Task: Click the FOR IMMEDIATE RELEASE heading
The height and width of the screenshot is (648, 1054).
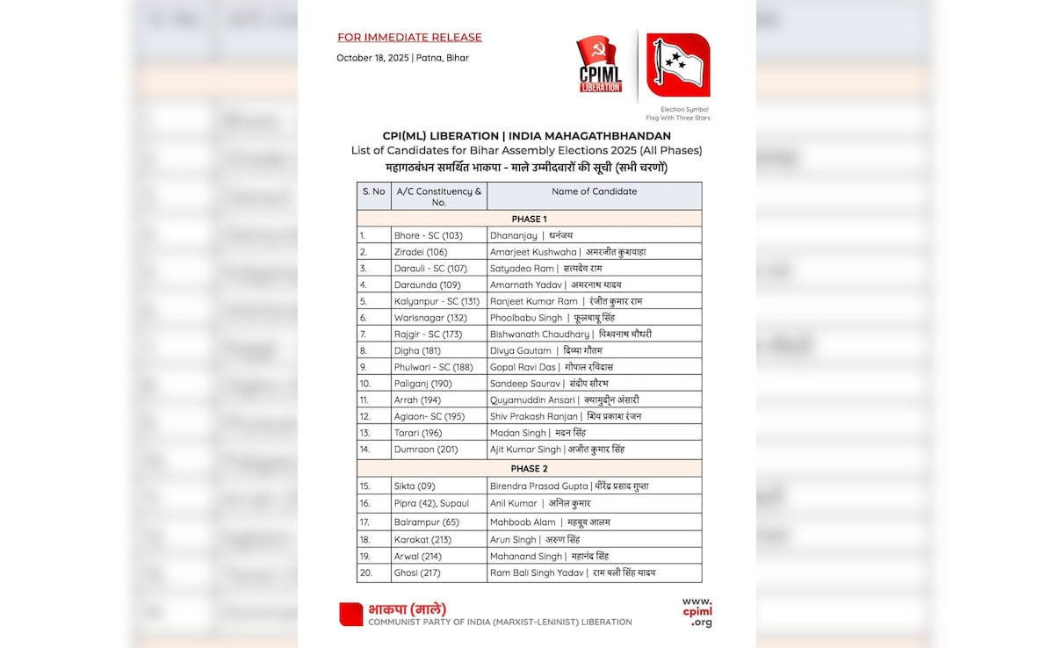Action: coord(409,38)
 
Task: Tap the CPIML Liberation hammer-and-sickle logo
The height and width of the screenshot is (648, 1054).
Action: coord(600,64)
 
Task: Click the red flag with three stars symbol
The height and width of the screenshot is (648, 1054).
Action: coord(678,65)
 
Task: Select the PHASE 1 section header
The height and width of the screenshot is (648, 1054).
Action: coord(529,219)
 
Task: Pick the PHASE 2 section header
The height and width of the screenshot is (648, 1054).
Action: coord(529,469)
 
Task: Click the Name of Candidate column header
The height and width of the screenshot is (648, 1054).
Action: coord(594,191)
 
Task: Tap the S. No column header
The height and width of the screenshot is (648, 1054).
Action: coord(373,191)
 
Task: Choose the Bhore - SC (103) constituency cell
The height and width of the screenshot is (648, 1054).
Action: coord(429,235)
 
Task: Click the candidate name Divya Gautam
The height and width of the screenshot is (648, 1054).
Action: coord(521,350)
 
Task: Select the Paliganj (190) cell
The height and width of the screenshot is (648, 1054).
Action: coord(423,384)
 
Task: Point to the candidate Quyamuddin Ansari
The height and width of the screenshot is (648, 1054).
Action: coord(532,400)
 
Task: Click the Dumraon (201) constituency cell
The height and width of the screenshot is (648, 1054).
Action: coord(426,450)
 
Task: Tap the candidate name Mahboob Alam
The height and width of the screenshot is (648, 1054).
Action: coord(523,522)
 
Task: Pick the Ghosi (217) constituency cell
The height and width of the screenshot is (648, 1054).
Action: coord(417,572)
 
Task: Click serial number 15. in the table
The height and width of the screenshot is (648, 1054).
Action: coord(365,486)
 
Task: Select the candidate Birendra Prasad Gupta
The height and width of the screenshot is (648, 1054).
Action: coord(538,486)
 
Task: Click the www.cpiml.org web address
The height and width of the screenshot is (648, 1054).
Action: coord(697,612)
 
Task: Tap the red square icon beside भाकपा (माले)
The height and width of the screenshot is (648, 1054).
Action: coord(351,614)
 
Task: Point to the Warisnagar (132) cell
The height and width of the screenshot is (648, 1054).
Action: coord(430,318)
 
